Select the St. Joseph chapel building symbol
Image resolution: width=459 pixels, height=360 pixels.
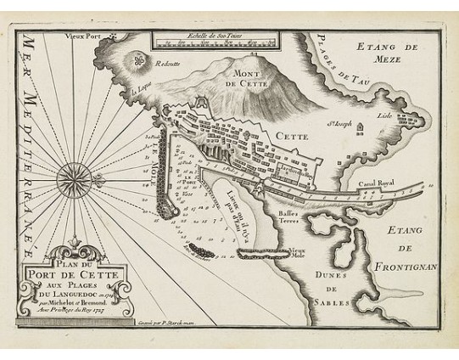[x=360, y=131]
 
